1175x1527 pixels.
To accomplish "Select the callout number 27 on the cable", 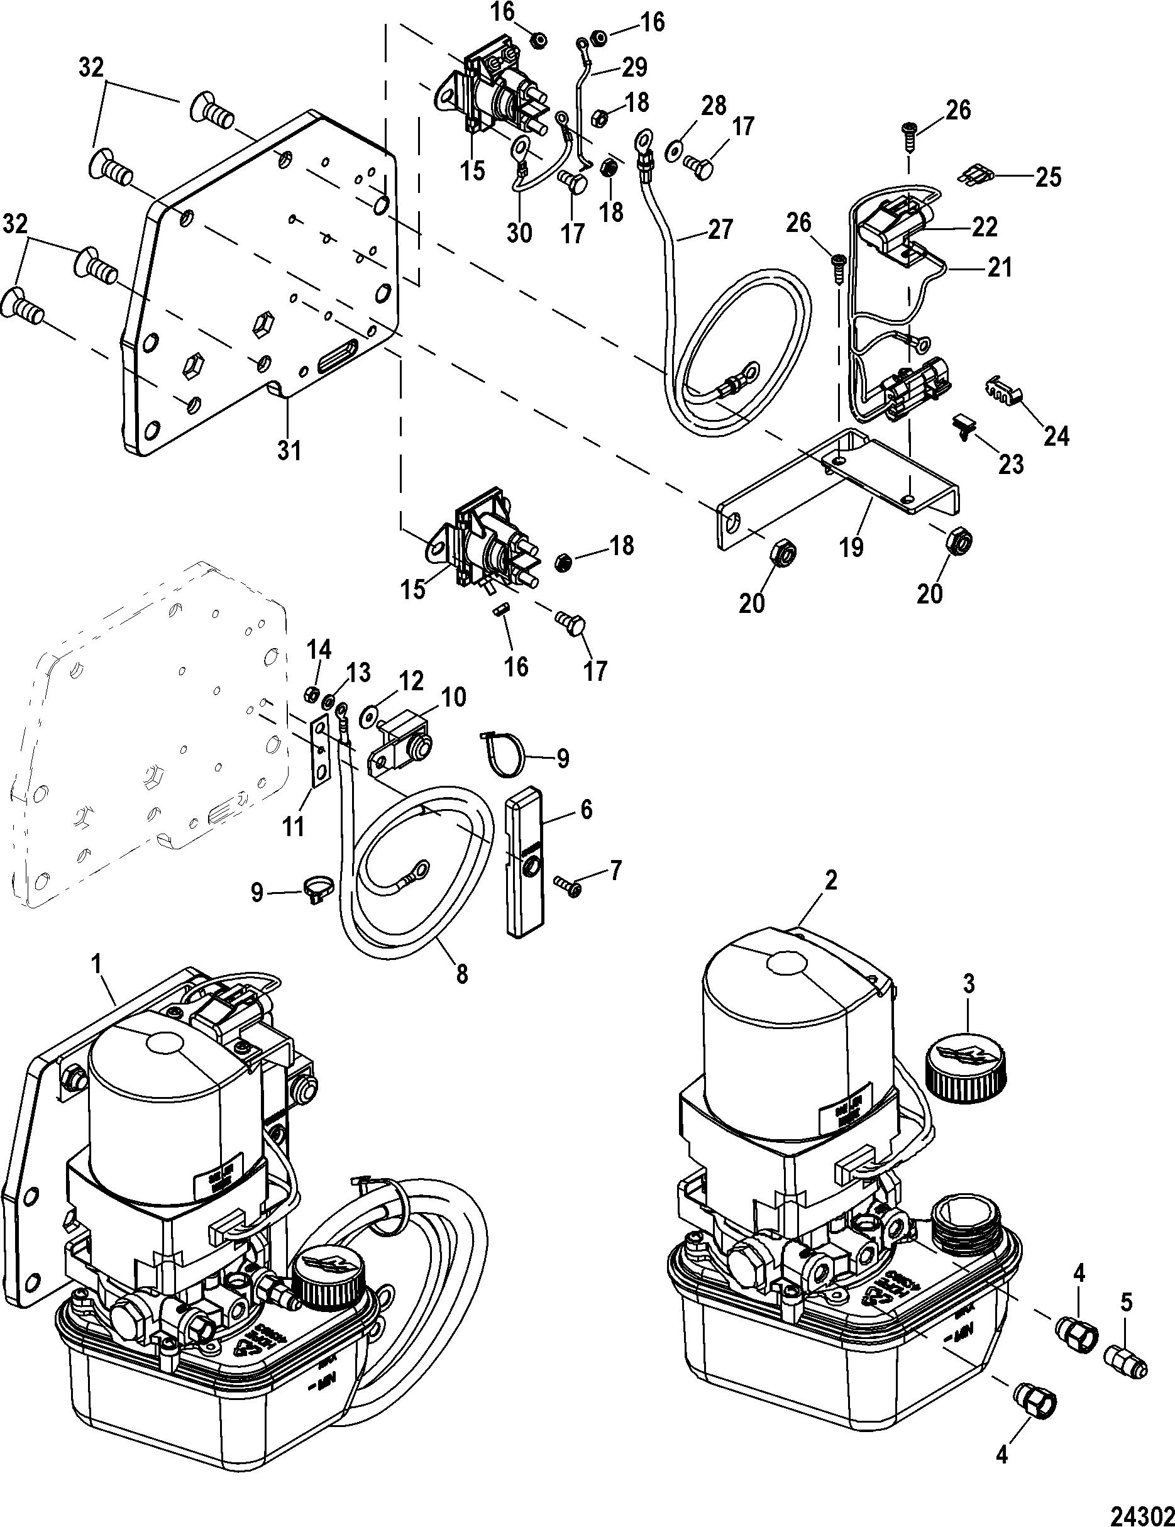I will tap(720, 229).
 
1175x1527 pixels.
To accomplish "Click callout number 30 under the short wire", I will tap(518, 233).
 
